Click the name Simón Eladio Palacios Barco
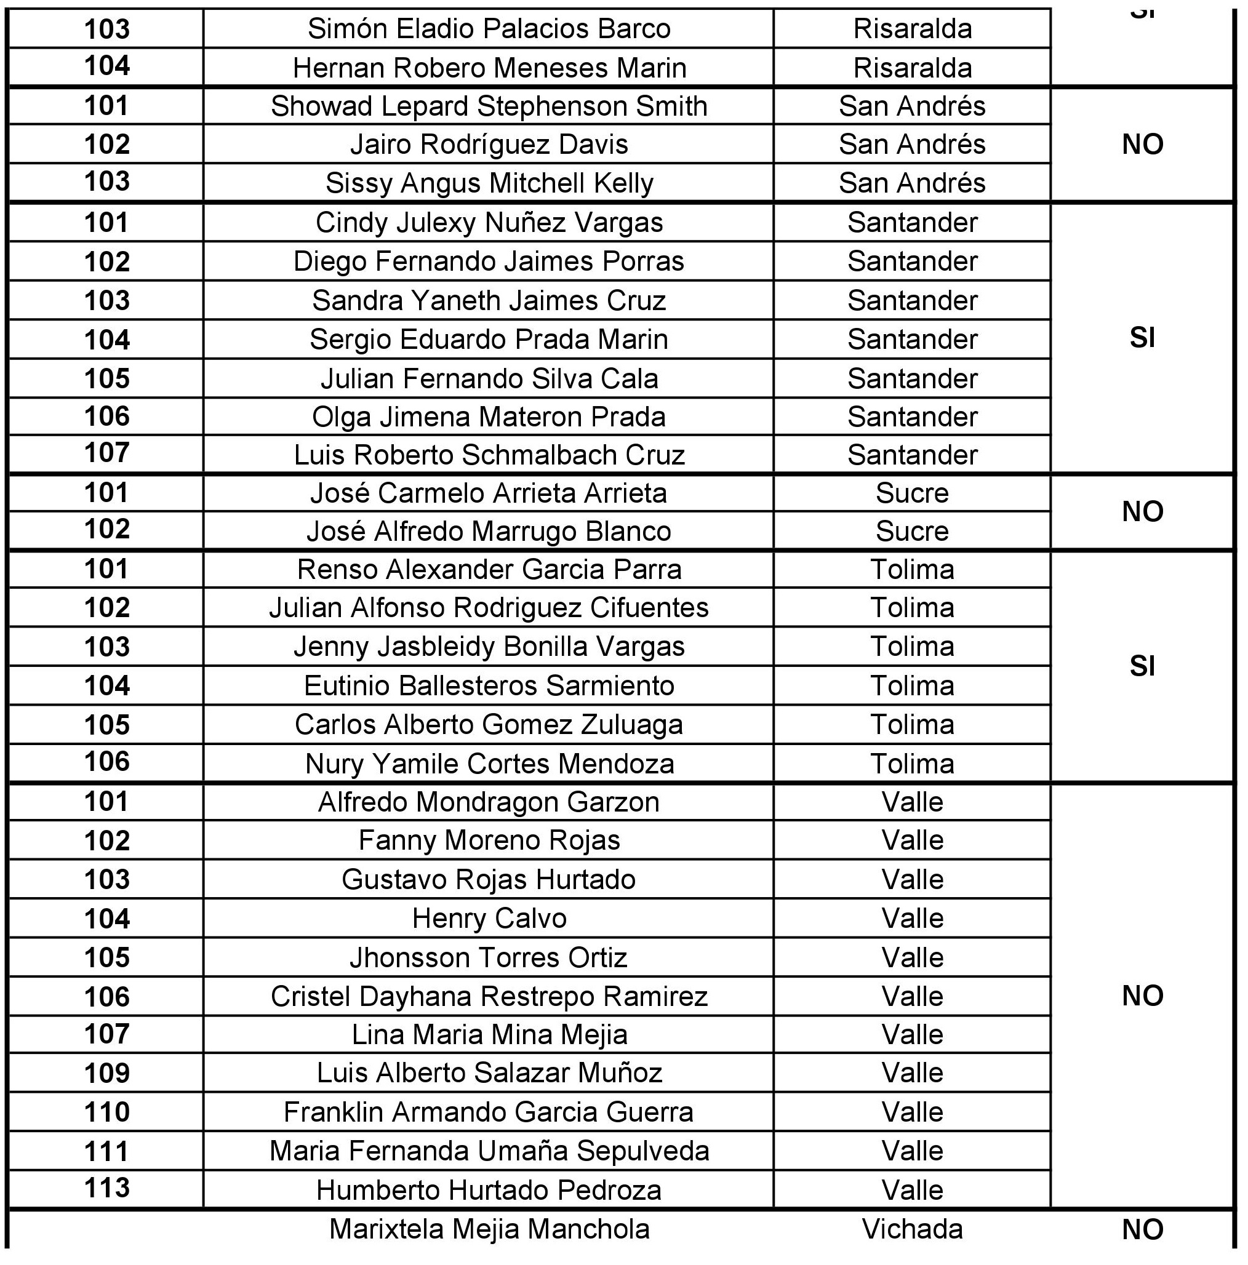click(489, 29)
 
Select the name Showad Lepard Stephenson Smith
click(489, 106)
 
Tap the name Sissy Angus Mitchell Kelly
click(489, 183)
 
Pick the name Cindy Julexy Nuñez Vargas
click(489, 223)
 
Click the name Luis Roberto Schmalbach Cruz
click(489, 455)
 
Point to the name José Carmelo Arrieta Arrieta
click(489, 493)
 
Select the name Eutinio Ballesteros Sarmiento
click(489, 685)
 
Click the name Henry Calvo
click(489, 918)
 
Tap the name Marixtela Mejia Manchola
click(489, 1229)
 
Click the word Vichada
click(912, 1229)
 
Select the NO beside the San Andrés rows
click(1143, 144)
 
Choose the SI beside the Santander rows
click(1143, 338)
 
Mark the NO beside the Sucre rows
click(1143, 511)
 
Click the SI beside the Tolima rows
click(1143, 666)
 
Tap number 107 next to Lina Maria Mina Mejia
click(106, 1034)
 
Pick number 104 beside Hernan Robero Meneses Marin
click(106, 65)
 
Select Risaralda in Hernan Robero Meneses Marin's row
click(912, 68)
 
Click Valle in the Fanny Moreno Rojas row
click(912, 840)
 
